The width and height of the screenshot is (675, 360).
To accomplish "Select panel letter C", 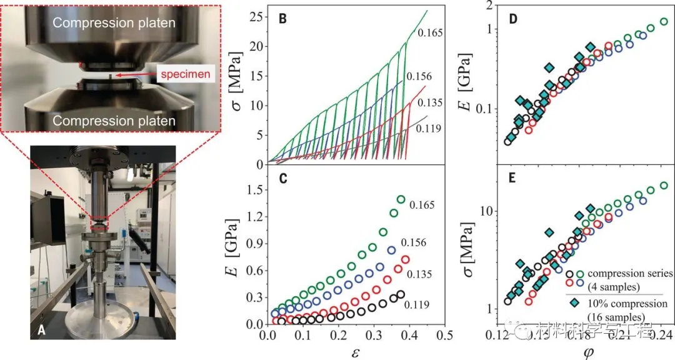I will click(283, 177).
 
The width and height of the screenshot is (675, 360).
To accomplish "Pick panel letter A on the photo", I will click(41, 331).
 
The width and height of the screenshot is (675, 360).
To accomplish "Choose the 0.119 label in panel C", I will click(417, 305).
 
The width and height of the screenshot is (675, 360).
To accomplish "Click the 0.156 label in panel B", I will click(418, 76).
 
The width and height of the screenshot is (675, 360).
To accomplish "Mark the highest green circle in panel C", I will click(401, 199).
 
